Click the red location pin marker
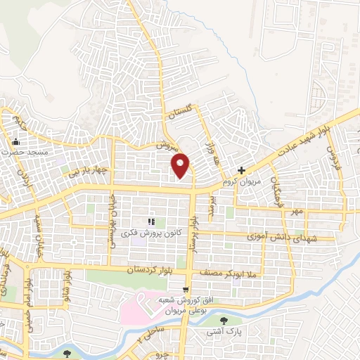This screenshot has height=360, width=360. coord(181,165)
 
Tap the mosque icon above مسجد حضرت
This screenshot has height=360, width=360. coord(15,141)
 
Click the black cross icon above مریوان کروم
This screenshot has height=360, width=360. coord(241,170)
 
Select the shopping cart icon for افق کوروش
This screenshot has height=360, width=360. coord(186,288)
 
